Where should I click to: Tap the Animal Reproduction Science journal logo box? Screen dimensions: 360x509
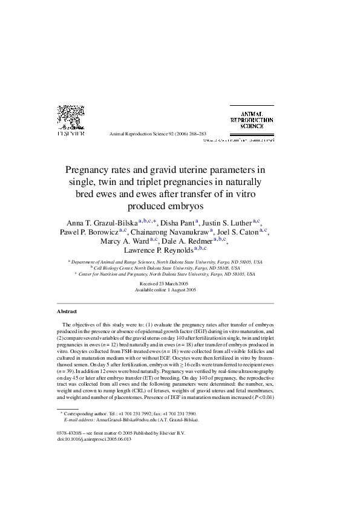coord(252,119)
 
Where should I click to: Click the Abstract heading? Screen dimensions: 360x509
coord(67,311)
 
